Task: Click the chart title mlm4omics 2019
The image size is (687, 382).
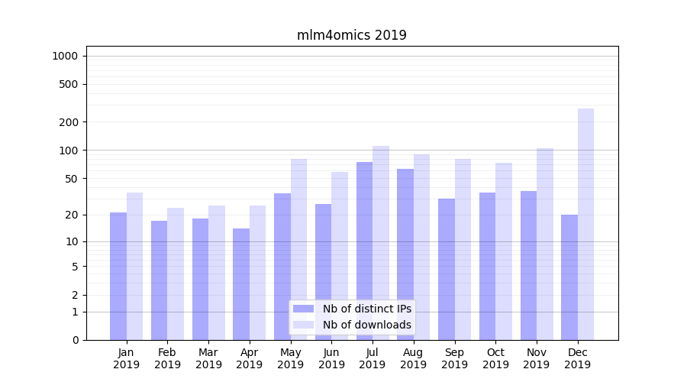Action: pyautogui.click(x=351, y=35)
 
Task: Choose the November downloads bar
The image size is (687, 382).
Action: pyautogui.click(x=544, y=244)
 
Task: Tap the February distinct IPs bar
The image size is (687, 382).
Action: pyautogui.click(x=159, y=280)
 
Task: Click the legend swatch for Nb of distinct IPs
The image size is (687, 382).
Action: pyautogui.click(x=303, y=309)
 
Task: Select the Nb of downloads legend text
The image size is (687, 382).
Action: pyautogui.click(x=366, y=325)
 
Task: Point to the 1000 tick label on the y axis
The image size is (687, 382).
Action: pyautogui.click(x=65, y=56)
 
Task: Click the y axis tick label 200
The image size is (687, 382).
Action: pyautogui.click(x=69, y=122)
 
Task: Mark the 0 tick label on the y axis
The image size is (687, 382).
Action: pyautogui.click(x=75, y=340)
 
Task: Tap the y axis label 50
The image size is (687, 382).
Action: pyautogui.click(x=72, y=179)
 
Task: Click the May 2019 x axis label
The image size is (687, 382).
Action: pyautogui.click(x=290, y=358)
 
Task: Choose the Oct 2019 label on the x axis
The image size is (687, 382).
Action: pyautogui.click(x=495, y=358)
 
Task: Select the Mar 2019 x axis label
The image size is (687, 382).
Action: pyautogui.click(x=208, y=358)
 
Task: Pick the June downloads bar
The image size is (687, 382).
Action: pyautogui.click(x=340, y=256)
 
